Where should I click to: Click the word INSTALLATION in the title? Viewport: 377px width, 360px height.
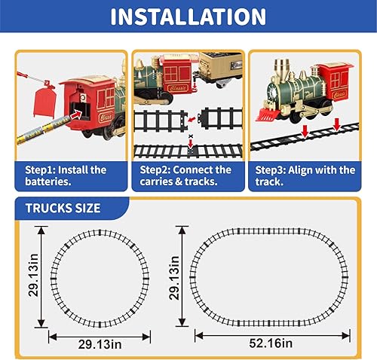coord(188,17)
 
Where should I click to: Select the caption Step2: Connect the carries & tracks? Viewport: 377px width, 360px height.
coord(186,176)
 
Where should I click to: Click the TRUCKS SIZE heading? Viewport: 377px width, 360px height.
coord(63,208)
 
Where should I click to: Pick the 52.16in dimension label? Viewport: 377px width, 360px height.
coord(272,343)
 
